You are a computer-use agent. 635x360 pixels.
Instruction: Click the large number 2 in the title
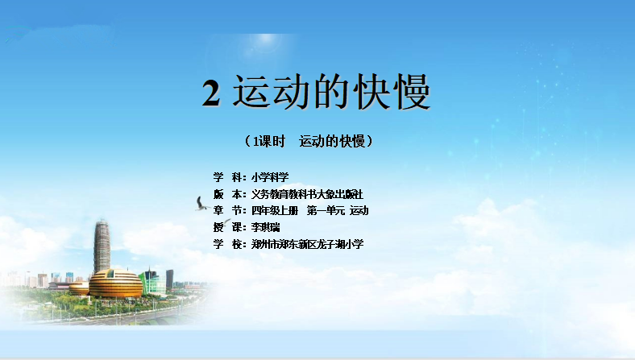211,93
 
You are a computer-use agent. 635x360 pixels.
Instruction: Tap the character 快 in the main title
371,92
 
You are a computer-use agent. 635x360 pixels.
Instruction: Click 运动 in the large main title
270,92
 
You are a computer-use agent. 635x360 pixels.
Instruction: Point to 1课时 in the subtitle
269,141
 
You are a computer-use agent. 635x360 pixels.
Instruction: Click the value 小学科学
270,177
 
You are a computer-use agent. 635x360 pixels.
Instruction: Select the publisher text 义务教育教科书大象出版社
307,194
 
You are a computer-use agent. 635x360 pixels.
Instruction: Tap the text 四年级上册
275,210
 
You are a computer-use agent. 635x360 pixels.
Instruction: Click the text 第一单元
326,210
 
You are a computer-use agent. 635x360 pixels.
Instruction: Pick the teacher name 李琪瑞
265,227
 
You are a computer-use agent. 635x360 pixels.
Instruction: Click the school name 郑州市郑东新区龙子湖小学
307,244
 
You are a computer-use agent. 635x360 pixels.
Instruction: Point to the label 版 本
227,194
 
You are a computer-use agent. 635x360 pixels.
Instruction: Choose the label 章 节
227,210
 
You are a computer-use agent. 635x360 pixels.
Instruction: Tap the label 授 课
227,227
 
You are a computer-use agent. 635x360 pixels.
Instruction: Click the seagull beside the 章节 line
201,204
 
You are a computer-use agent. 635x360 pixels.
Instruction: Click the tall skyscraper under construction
102,246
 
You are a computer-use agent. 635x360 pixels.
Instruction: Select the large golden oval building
115,283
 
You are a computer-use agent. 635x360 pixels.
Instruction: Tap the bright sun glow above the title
266,39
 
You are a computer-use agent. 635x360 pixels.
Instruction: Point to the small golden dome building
79,289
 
